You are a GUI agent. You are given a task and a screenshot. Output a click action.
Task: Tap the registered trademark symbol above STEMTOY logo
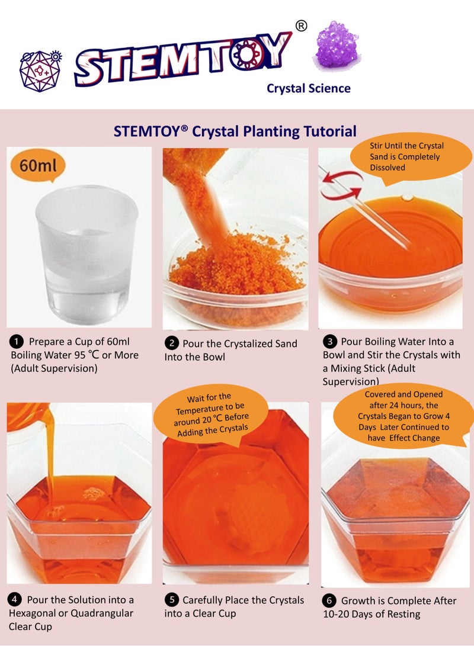pos(300,26)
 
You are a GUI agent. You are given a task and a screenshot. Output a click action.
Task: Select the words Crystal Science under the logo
pos(308,89)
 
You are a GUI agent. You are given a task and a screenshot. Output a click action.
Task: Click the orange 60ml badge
pos(38,165)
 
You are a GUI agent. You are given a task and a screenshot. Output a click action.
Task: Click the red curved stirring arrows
pos(342,184)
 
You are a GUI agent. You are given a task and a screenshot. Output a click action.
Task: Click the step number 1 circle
pos(17,342)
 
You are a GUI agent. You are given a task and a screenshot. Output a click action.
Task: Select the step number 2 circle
pos(171,343)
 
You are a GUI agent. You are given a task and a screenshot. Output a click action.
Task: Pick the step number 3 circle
pos(329,342)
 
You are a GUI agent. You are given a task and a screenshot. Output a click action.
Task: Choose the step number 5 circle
pos(171,600)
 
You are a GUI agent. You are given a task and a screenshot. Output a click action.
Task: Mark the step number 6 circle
pos(329,600)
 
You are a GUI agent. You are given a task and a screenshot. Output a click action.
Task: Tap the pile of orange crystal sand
pos(237,269)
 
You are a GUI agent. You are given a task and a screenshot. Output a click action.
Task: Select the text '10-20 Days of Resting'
pos(371,614)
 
